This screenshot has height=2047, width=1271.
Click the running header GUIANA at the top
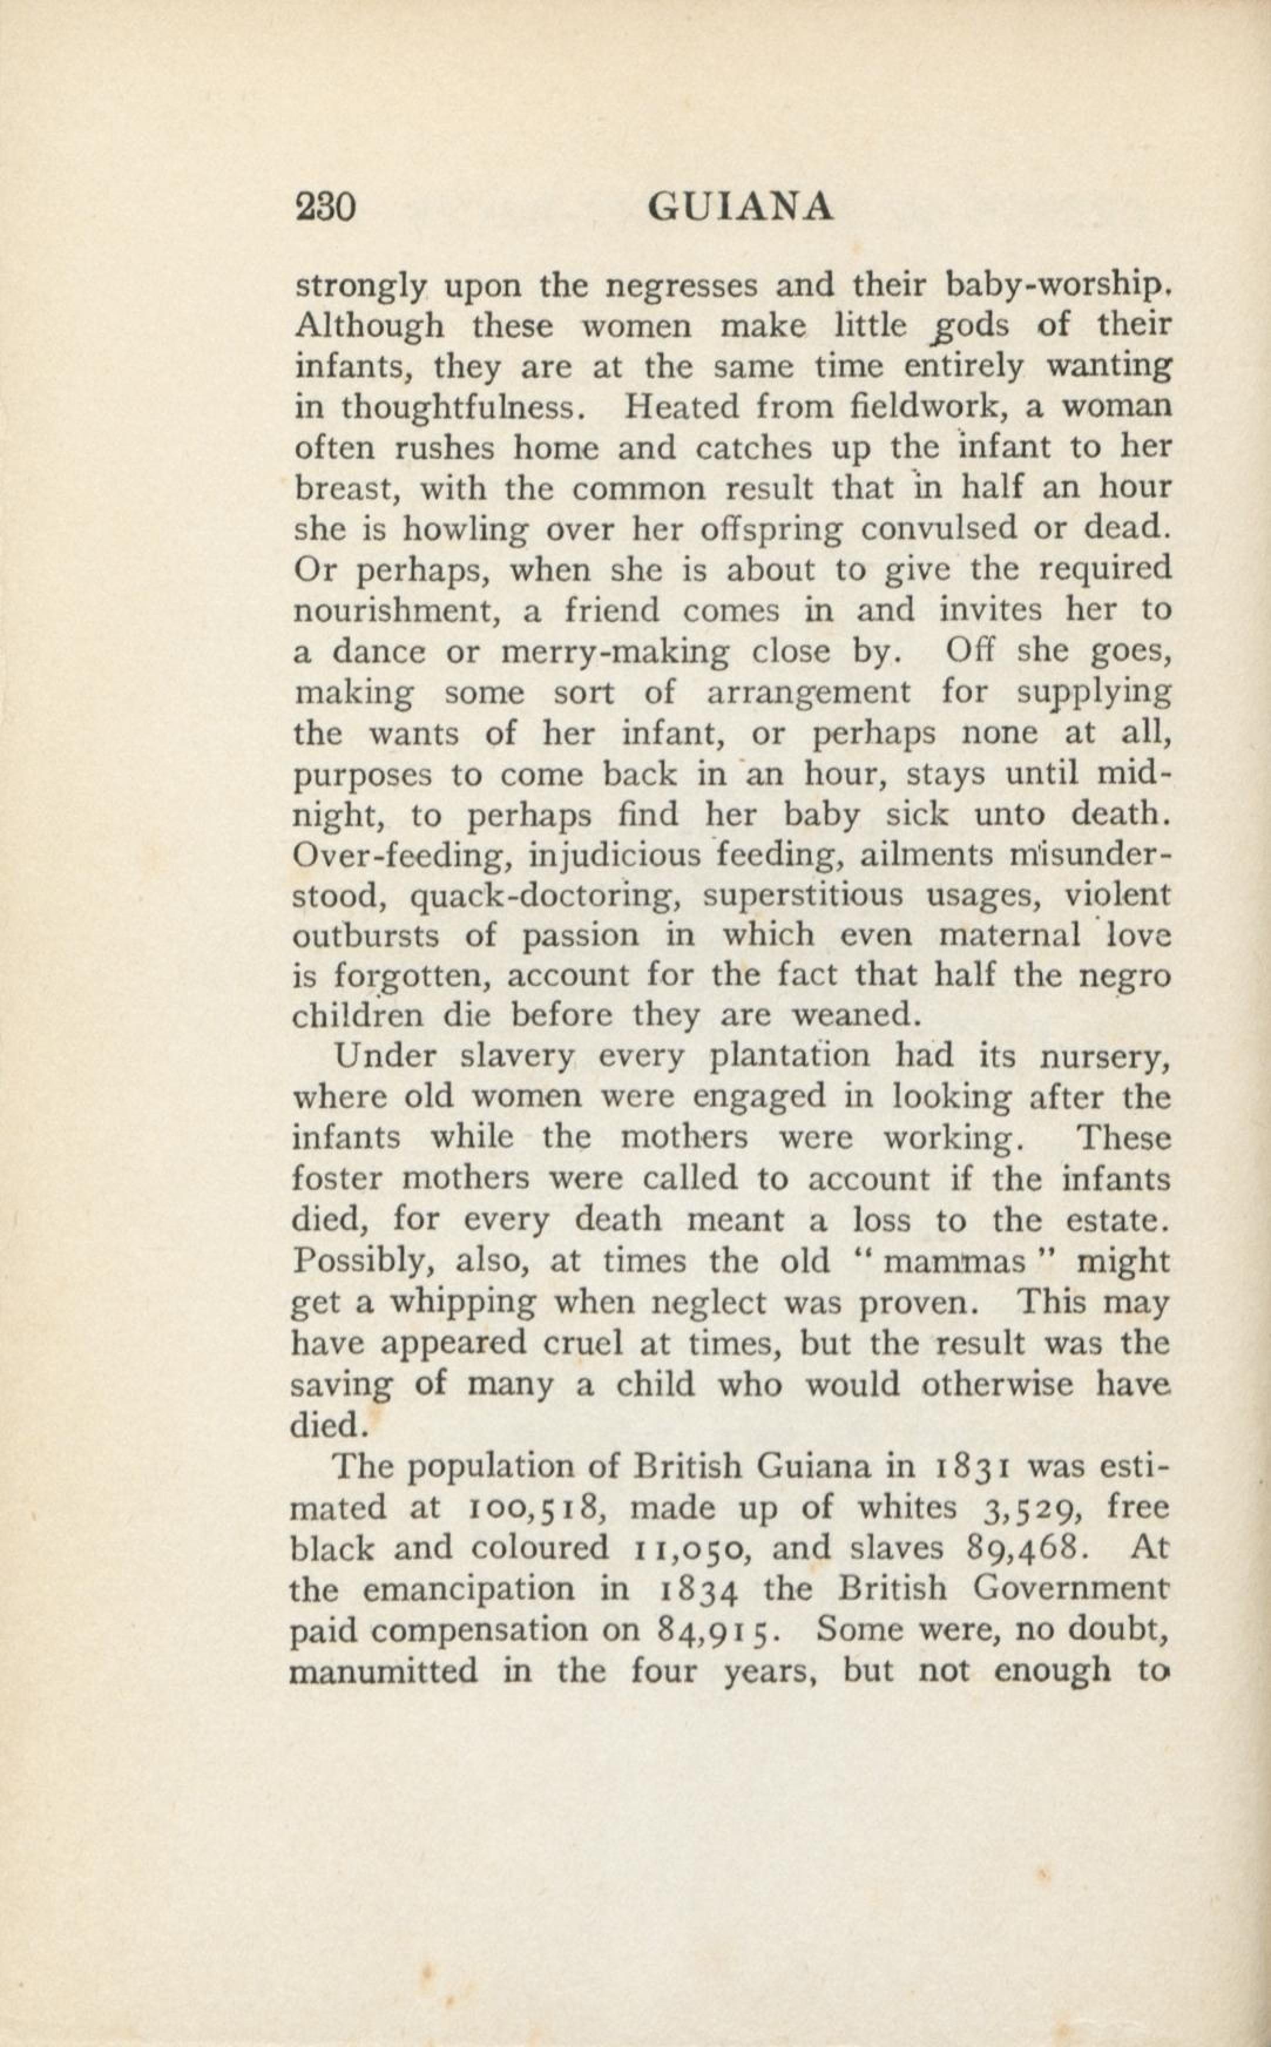742,207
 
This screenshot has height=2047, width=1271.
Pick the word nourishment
398,611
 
